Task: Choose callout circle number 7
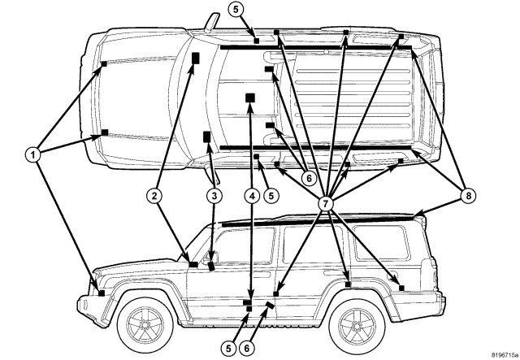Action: coord(326,200)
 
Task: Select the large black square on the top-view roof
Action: coord(250,98)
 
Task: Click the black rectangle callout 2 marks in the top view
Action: coord(196,57)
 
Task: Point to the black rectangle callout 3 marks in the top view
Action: coord(207,136)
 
